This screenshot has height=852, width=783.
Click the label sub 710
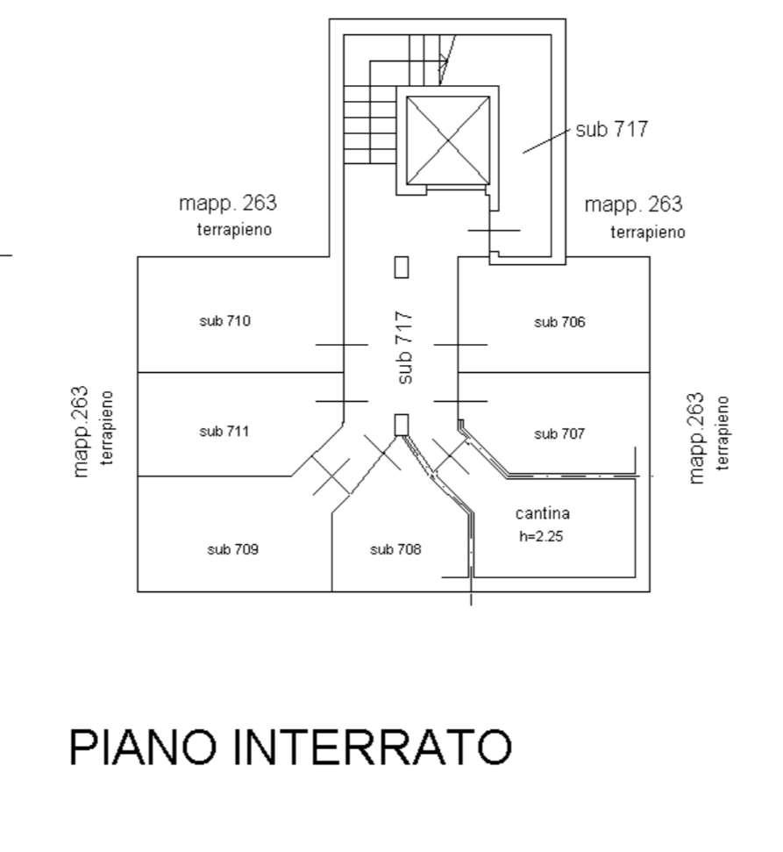click(224, 321)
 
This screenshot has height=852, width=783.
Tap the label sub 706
click(559, 322)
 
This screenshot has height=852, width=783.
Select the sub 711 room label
click(224, 431)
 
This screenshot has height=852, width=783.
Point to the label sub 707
click(559, 433)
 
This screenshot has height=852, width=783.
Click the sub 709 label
click(232, 550)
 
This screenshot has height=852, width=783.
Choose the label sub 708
click(395, 550)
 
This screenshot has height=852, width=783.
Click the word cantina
click(543, 513)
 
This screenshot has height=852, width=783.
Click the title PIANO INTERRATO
click(290, 748)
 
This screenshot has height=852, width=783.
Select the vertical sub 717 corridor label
click(404, 347)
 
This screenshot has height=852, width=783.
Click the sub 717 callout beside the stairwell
click(611, 129)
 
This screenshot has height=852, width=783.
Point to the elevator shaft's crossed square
click(447, 140)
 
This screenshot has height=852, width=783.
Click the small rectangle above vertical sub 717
click(402, 267)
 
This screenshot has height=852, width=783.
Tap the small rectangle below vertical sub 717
click(402, 425)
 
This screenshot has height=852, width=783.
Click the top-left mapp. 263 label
click(227, 204)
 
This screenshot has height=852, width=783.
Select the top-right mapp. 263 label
click(633, 204)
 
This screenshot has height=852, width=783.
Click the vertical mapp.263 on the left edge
click(82, 431)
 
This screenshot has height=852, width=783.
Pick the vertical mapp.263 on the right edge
click(697, 437)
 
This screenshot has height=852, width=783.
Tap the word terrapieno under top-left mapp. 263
click(233, 230)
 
